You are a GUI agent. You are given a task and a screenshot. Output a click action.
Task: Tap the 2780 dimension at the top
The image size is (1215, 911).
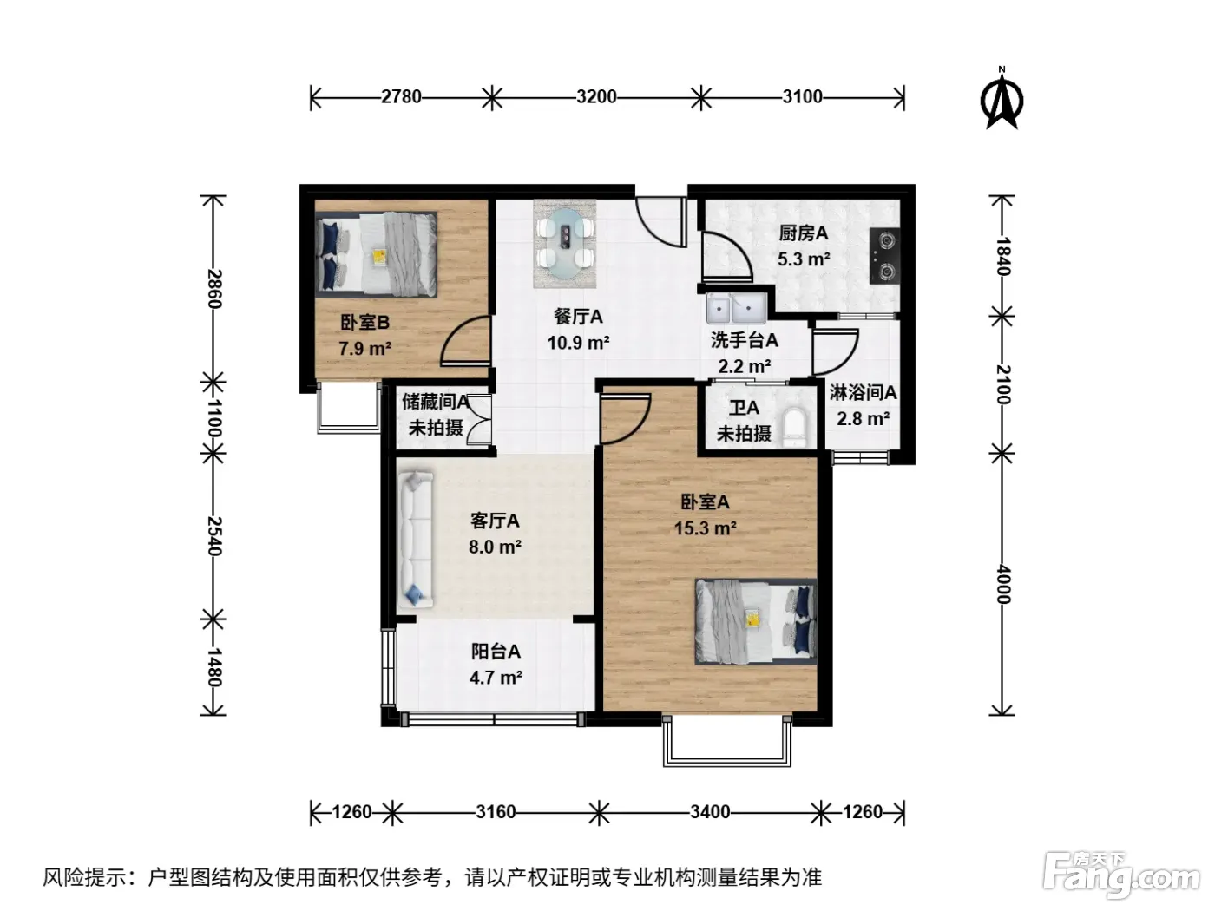coord(401,97)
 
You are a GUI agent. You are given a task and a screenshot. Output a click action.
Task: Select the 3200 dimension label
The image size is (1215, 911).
coord(596,97)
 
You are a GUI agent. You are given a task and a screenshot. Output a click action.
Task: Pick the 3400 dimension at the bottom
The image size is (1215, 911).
coord(710,812)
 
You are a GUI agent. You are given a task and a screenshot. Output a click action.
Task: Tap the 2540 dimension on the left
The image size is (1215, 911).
coord(214,536)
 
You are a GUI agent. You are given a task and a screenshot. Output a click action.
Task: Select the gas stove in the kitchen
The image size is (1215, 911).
coord(884,256)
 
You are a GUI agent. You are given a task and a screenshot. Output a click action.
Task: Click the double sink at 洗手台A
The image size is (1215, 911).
coord(736,309)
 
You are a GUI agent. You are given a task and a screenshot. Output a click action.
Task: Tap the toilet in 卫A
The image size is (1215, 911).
coord(796,427)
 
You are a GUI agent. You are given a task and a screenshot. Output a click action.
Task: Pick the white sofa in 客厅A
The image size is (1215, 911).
coord(415,540)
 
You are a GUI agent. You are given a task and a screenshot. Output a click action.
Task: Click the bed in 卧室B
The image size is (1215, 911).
coord(376,254)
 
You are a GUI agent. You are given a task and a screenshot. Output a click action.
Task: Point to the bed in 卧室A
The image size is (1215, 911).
coord(756,621)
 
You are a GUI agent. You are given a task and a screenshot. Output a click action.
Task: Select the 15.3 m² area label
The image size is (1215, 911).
coord(705,528)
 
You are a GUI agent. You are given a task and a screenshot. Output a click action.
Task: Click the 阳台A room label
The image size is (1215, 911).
coord(496,651)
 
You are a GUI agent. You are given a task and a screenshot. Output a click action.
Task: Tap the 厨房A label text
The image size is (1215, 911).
coord(803,233)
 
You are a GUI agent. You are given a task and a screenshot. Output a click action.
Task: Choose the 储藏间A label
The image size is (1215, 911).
coord(436,401)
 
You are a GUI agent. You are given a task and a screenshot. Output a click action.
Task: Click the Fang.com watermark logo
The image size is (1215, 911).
coord(1120,875)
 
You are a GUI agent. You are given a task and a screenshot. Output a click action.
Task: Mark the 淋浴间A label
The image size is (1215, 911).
coord(863,392)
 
